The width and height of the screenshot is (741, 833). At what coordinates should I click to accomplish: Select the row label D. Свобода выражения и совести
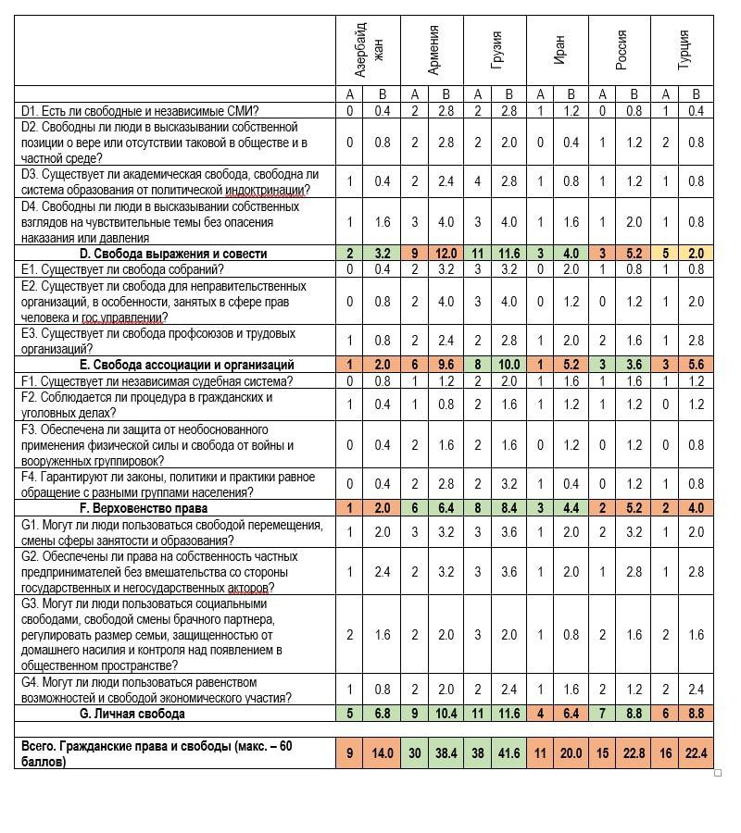172,254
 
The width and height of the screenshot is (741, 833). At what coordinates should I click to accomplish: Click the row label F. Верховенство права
144,508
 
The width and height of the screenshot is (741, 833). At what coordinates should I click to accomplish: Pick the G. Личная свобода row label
132,714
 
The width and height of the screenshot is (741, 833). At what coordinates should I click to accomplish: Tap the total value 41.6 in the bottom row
509,753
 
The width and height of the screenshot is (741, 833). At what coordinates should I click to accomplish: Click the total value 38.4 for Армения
446,753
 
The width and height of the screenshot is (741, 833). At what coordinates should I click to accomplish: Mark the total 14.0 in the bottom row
383,753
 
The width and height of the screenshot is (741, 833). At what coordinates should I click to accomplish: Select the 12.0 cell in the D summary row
446,254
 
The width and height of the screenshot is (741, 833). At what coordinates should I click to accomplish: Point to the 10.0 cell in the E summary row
509,365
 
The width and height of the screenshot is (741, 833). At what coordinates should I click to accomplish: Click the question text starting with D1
139,111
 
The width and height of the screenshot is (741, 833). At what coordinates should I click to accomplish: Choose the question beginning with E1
122,269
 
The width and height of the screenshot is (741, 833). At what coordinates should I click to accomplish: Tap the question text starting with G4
156,690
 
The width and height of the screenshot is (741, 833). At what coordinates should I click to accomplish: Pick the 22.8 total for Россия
634,753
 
